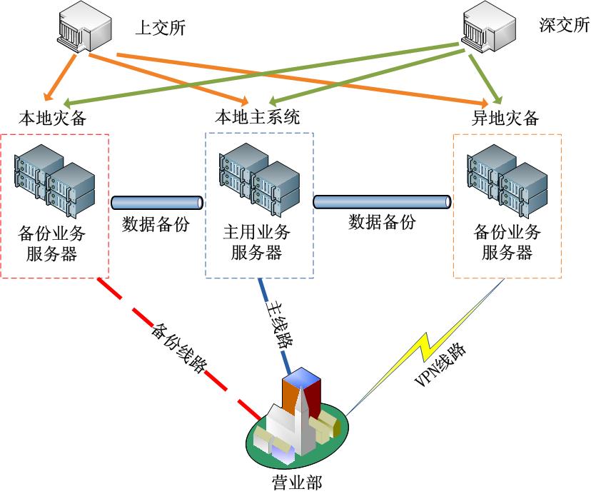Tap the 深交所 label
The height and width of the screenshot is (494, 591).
564,26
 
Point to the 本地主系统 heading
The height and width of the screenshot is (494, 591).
258,117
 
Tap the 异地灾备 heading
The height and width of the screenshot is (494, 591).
506,119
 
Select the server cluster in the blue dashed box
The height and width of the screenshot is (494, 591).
258,179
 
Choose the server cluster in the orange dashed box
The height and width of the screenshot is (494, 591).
507,181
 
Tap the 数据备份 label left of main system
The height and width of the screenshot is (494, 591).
156,224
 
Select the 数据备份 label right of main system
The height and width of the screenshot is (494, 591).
382,222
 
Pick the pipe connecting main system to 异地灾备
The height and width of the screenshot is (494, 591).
382,201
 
